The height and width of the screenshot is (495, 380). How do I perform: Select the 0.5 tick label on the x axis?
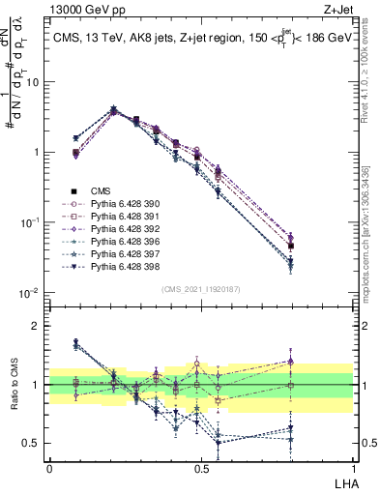click(x=201, y=467)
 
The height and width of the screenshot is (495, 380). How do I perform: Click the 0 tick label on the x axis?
click(x=49, y=467)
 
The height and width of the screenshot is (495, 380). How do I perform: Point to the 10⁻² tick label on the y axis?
click(x=30, y=293)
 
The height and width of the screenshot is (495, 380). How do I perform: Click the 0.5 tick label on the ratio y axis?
click(x=32, y=444)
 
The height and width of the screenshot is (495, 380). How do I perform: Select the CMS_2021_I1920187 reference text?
click(x=201, y=288)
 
